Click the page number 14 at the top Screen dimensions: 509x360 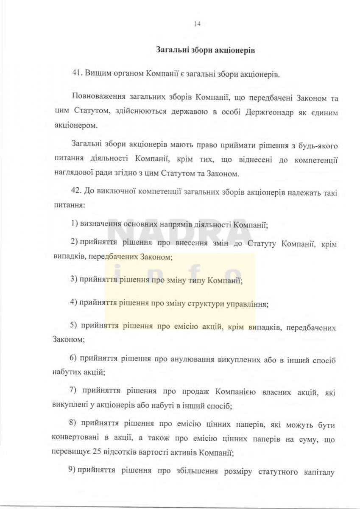pyautogui.click(x=196, y=24)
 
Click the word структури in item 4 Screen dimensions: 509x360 pyautogui.click(x=201, y=304)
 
